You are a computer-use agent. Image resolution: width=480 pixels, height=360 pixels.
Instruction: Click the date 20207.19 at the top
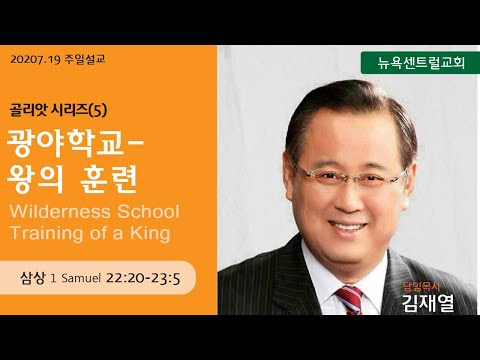tap(36, 60)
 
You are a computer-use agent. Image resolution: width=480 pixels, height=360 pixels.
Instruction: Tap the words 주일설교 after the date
tap(85, 59)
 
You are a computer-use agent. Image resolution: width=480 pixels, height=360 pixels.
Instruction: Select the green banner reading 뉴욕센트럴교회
tap(420, 63)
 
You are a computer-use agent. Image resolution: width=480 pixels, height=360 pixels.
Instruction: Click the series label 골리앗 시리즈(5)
tap(58, 111)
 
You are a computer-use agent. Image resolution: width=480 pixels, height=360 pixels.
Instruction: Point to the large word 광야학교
tap(66, 143)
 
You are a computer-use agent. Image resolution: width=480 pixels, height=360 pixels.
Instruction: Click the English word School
tap(148, 212)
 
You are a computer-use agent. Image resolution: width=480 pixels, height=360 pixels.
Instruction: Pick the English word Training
tap(46, 233)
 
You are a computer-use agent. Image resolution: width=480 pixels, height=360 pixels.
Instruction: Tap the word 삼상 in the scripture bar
tap(32, 278)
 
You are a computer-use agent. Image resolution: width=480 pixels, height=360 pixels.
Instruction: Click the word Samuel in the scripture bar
tap(81, 278)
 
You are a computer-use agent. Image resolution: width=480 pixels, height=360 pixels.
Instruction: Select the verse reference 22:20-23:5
tap(143, 278)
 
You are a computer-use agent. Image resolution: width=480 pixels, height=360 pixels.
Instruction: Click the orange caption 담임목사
tap(422, 286)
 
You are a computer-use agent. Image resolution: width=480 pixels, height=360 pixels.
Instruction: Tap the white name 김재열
tap(428, 303)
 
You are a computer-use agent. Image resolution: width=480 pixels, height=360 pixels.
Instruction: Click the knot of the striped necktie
tap(349, 295)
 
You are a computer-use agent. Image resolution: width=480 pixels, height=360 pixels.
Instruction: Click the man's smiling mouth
tap(347, 227)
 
